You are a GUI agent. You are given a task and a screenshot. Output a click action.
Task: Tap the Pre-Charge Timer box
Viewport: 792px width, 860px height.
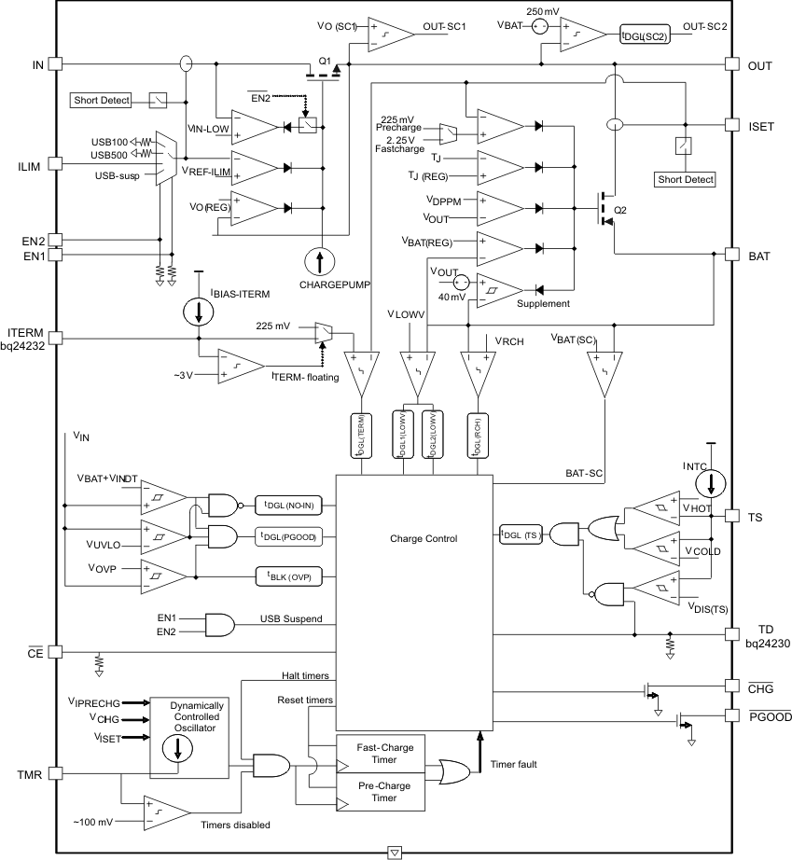click(379, 791)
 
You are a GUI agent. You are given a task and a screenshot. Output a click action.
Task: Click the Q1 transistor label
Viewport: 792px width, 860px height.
click(325, 61)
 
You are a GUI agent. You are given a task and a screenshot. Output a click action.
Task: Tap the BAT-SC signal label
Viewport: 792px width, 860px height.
click(584, 474)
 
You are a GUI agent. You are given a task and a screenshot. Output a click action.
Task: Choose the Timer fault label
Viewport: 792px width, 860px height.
click(513, 765)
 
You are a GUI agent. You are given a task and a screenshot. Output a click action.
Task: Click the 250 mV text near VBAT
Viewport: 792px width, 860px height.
click(544, 10)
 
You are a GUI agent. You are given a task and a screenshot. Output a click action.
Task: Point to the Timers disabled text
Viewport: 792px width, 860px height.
click(235, 825)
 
